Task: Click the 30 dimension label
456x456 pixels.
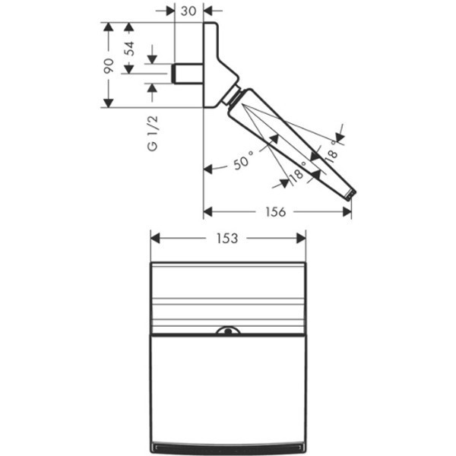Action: [x=189, y=11]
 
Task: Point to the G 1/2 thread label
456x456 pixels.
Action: [x=152, y=134]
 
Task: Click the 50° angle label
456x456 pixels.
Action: [x=241, y=162]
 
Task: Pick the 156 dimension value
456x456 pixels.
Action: [x=277, y=212]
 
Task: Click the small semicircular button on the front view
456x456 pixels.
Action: [x=227, y=331]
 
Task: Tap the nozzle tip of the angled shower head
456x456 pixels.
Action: [x=350, y=195]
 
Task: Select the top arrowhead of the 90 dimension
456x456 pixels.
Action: [x=109, y=27]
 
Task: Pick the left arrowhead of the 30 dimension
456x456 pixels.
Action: [x=170, y=11]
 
